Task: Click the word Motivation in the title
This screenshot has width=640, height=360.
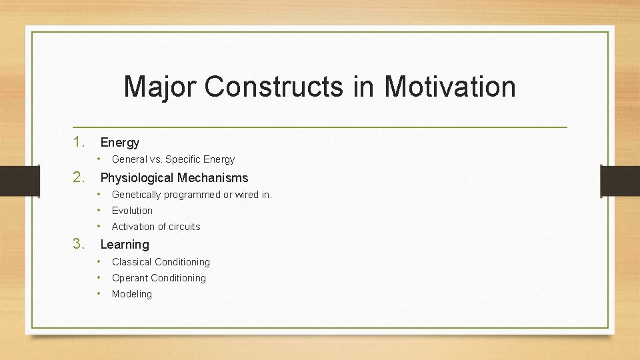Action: tap(450, 87)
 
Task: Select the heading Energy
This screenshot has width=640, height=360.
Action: tap(120, 142)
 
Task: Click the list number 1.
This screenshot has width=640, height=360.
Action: tap(79, 142)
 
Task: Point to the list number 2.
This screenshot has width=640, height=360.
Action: tap(79, 177)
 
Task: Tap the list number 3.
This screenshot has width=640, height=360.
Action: tap(79, 244)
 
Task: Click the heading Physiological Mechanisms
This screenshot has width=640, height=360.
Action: tap(174, 177)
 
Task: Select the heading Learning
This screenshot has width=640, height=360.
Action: tap(125, 244)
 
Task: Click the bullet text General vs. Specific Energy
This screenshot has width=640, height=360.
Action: tap(173, 159)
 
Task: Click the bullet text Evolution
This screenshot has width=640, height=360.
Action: tap(132, 211)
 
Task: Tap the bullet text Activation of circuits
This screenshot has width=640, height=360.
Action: tap(156, 227)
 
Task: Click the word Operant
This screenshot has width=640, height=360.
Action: tap(131, 278)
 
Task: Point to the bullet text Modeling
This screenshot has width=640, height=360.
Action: tap(132, 294)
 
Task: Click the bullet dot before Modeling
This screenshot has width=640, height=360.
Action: tap(99, 293)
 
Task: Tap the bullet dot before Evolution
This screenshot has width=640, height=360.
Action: tap(99, 210)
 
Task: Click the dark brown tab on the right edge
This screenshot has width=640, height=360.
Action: tap(620, 180)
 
